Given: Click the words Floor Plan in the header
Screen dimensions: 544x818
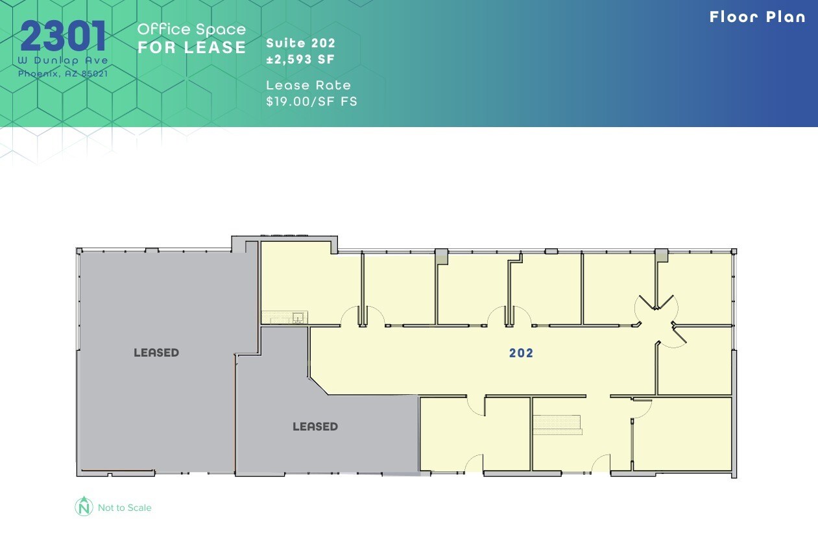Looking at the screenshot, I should coord(757,17).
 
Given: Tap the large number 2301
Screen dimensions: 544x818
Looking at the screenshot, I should coord(63,37).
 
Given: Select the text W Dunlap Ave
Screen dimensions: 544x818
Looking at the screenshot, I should coord(63,60).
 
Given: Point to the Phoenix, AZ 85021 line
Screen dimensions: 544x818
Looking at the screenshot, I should coord(63,73).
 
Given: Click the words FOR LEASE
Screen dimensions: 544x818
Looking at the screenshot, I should coord(191,47).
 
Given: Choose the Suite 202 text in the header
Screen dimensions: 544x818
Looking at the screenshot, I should coord(300,43).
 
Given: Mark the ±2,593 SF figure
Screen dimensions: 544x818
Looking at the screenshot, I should coord(300,60).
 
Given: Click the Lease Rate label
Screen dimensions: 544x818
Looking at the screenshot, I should coord(308,86).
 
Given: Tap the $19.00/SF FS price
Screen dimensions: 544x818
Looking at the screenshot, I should coord(311,101).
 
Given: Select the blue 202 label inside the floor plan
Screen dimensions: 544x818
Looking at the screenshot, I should coord(521,353).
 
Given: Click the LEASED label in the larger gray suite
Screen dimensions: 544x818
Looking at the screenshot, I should coord(156,353).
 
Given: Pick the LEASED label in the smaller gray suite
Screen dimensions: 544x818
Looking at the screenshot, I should coord(315,427).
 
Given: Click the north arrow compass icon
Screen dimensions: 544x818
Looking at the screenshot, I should coord(84,507).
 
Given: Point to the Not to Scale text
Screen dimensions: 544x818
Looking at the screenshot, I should coord(125,508).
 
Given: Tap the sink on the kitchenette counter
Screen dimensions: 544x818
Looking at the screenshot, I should coord(298,317).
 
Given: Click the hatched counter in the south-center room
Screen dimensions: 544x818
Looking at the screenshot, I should coord(557,424).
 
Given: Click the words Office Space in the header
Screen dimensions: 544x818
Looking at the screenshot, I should coord(191,29).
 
